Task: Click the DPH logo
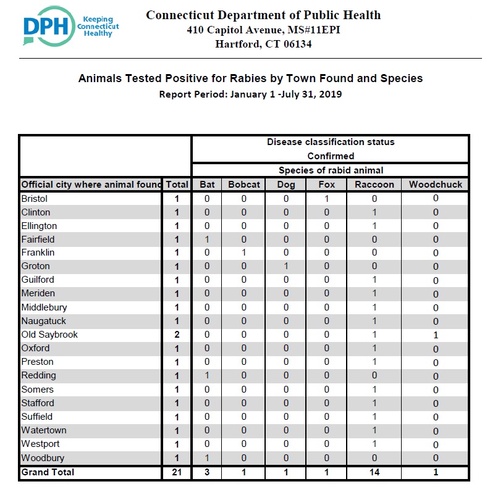(x=71, y=26)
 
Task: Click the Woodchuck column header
(x=435, y=185)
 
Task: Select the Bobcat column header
(x=244, y=185)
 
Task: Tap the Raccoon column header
(x=374, y=185)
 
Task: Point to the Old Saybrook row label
(x=49, y=335)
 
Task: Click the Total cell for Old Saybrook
(x=177, y=335)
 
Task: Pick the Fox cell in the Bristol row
(x=326, y=199)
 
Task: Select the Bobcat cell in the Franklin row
(x=244, y=252)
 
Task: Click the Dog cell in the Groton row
(x=286, y=266)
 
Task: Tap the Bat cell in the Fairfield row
(x=207, y=240)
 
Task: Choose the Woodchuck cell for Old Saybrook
(x=435, y=335)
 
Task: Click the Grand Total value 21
(x=177, y=472)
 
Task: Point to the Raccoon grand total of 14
(x=374, y=472)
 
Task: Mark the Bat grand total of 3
(x=207, y=472)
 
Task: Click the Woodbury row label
(x=43, y=457)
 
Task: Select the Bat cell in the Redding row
(x=207, y=375)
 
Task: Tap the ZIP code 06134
(x=298, y=44)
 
